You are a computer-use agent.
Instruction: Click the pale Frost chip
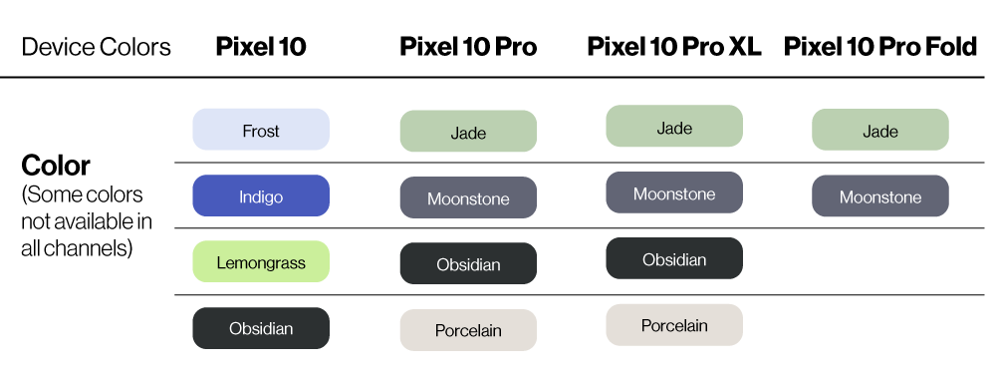[x=261, y=130]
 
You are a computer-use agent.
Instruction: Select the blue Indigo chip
[x=261, y=196]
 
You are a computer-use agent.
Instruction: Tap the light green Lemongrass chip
[x=261, y=262]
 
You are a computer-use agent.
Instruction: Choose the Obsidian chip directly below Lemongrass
[x=261, y=328]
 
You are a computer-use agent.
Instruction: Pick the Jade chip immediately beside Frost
[x=468, y=132]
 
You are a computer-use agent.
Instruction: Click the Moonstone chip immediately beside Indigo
[x=468, y=198]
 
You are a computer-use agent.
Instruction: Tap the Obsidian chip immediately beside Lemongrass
[x=468, y=264]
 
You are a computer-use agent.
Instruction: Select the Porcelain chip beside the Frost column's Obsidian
[x=468, y=330]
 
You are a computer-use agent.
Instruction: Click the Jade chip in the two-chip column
[x=880, y=131]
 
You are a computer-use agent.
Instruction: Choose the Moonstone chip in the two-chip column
[x=880, y=196]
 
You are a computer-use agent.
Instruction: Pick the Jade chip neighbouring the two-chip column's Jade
[x=674, y=127]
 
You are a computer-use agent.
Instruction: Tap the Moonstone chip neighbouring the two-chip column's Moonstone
[x=674, y=193]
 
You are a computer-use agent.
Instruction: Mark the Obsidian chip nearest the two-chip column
[x=674, y=259]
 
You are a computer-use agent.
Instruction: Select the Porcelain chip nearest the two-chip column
[x=674, y=325]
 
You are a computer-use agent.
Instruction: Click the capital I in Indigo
[x=241, y=196]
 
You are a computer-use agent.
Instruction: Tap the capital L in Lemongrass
[x=220, y=263]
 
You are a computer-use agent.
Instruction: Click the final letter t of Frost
[x=277, y=131]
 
